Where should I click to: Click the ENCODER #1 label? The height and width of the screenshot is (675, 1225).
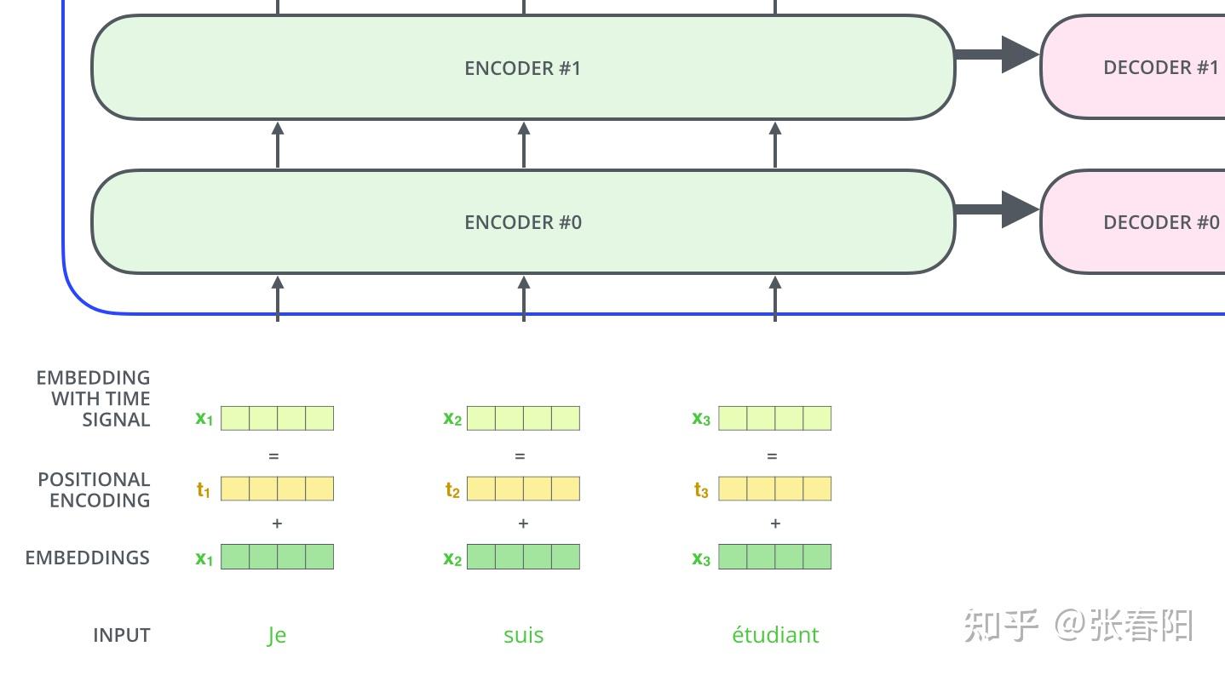[x=523, y=68]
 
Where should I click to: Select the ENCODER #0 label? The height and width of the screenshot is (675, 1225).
[x=523, y=222]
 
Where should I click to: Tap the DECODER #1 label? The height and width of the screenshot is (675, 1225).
[x=1161, y=68]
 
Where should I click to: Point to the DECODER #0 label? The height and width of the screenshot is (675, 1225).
[x=1162, y=222]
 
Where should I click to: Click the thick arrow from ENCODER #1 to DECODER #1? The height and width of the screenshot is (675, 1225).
[x=997, y=54]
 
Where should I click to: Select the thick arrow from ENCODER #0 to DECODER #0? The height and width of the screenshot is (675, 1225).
[x=997, y=209]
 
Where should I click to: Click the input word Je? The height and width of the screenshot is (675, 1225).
[x=277, y=636]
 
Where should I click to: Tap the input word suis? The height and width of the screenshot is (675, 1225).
[x=523, y=635]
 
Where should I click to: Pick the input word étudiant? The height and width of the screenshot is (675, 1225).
[x=775, y=634]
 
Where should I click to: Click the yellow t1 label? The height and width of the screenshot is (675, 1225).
[x=203, y=489]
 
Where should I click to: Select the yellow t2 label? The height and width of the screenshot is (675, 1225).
[x=452, y=489]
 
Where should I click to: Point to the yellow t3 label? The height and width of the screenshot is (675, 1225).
[x=701, y=489]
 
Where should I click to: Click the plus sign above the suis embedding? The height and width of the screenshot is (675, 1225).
[x=523, y=523]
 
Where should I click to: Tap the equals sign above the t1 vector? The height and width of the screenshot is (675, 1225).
[x=274, y=456]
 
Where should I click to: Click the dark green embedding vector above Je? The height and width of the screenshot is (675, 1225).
[x=277, y=557]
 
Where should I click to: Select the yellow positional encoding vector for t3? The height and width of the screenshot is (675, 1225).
[x=775, y=489]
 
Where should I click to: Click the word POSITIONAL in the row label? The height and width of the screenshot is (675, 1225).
[x=94, y=479]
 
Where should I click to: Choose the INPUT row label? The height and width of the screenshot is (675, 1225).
[x=122, y=635]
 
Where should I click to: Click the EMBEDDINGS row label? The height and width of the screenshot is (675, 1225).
[x=88, y=558]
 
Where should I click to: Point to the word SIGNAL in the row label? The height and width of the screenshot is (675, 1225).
[x=116, y=420]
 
